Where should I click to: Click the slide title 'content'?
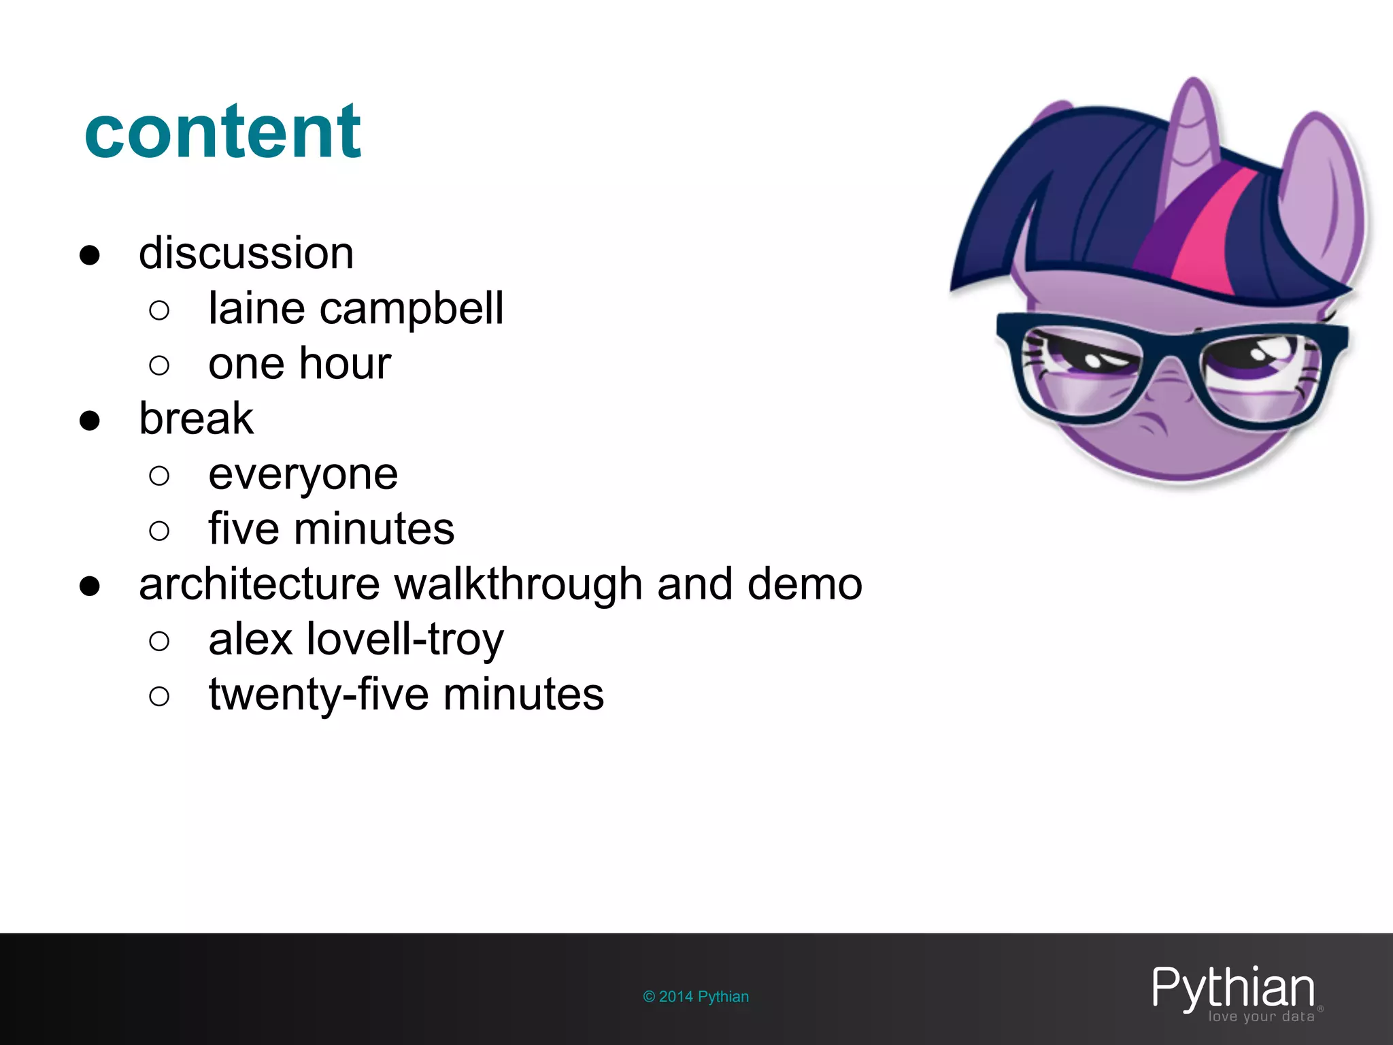222,132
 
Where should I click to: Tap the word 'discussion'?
246,254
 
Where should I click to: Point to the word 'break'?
196,418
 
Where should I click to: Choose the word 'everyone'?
303,475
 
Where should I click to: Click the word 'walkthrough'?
518,584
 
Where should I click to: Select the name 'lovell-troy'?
405,640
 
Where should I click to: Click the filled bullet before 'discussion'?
90,255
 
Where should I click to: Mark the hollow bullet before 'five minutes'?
159,531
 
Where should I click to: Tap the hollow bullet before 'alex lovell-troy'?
159,641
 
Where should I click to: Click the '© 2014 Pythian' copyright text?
696,997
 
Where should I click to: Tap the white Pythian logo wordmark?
1233,988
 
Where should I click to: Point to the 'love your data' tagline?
1261,1017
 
